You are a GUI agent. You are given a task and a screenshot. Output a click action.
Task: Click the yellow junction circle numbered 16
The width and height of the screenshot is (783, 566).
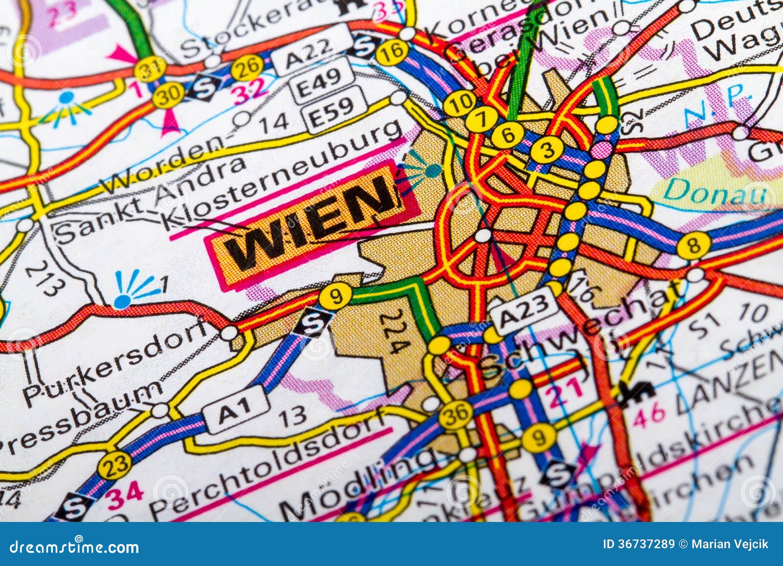tap(392, 51)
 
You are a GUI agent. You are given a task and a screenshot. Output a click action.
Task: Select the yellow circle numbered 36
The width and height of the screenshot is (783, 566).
tap(455, 414)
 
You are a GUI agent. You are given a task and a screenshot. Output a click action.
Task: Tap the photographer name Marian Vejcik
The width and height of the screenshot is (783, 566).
tap(730, 544)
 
